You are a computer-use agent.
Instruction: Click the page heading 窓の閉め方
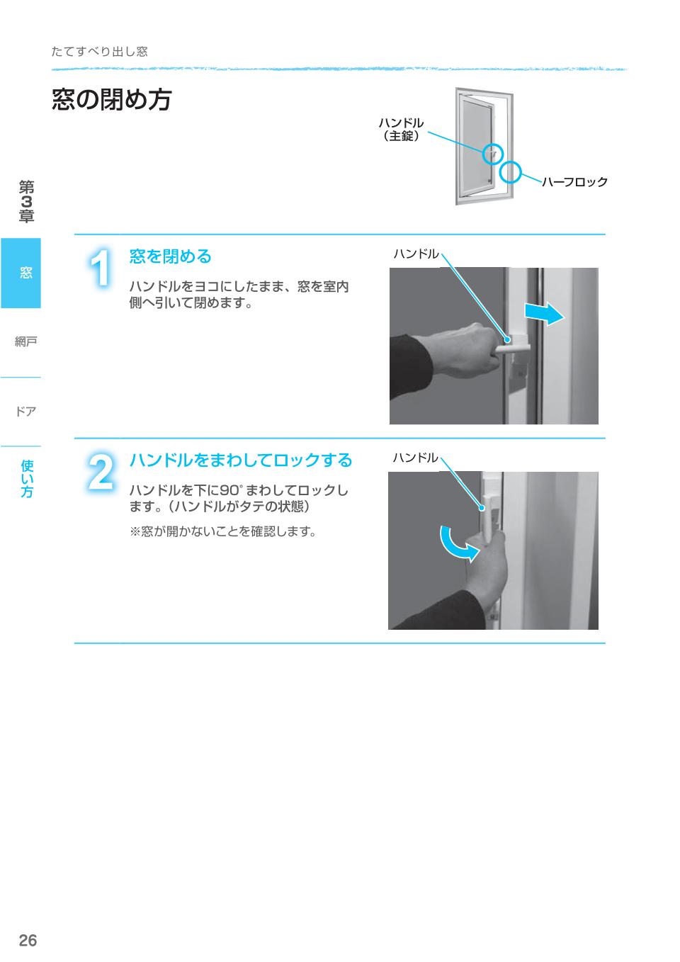coord(112,100)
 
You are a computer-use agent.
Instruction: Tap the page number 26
coord(28,941)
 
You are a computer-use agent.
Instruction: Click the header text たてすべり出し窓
coord(99,52)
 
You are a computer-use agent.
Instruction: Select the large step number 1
coord(101,268)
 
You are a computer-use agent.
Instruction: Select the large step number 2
coord(101,472)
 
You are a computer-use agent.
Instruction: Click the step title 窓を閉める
coord(170,256)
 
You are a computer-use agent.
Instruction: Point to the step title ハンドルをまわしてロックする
coord(240,460)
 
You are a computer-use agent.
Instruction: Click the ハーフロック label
coord(574,182)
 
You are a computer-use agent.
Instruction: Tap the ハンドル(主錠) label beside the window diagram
coord(401,130)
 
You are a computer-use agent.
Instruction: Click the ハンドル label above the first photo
coord(416,254)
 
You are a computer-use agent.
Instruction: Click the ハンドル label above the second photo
coord(415,458)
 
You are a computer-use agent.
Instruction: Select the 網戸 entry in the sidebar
coord(25,342)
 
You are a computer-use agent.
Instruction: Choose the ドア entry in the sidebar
coord(25,411)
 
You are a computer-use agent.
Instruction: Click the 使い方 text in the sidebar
coord(27,478)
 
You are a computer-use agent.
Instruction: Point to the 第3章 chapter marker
coord(26,202)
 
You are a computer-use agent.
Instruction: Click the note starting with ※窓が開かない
coord(222,531)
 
